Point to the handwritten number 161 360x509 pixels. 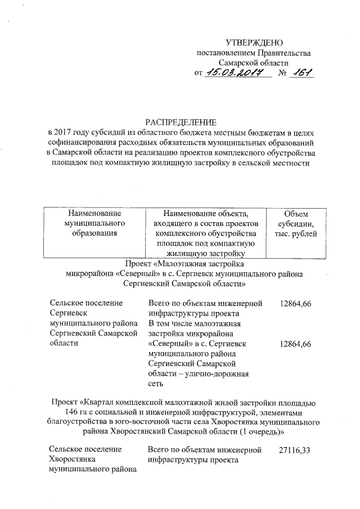pyautogui.click(x=301, y=73)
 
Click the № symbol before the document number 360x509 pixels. pyautogui.click(x=283, y=74)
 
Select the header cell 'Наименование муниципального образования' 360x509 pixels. pyautogui.click(x=94, y=223)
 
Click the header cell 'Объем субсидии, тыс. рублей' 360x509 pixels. pyautogui.click(x=296, y=223)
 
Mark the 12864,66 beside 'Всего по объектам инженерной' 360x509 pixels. pyautogui.click(x=295, y=304)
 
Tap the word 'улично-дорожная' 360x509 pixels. pyautogui.click(x=220, y=374)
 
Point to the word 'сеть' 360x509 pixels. pyautogui.click(x=156, y=384)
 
